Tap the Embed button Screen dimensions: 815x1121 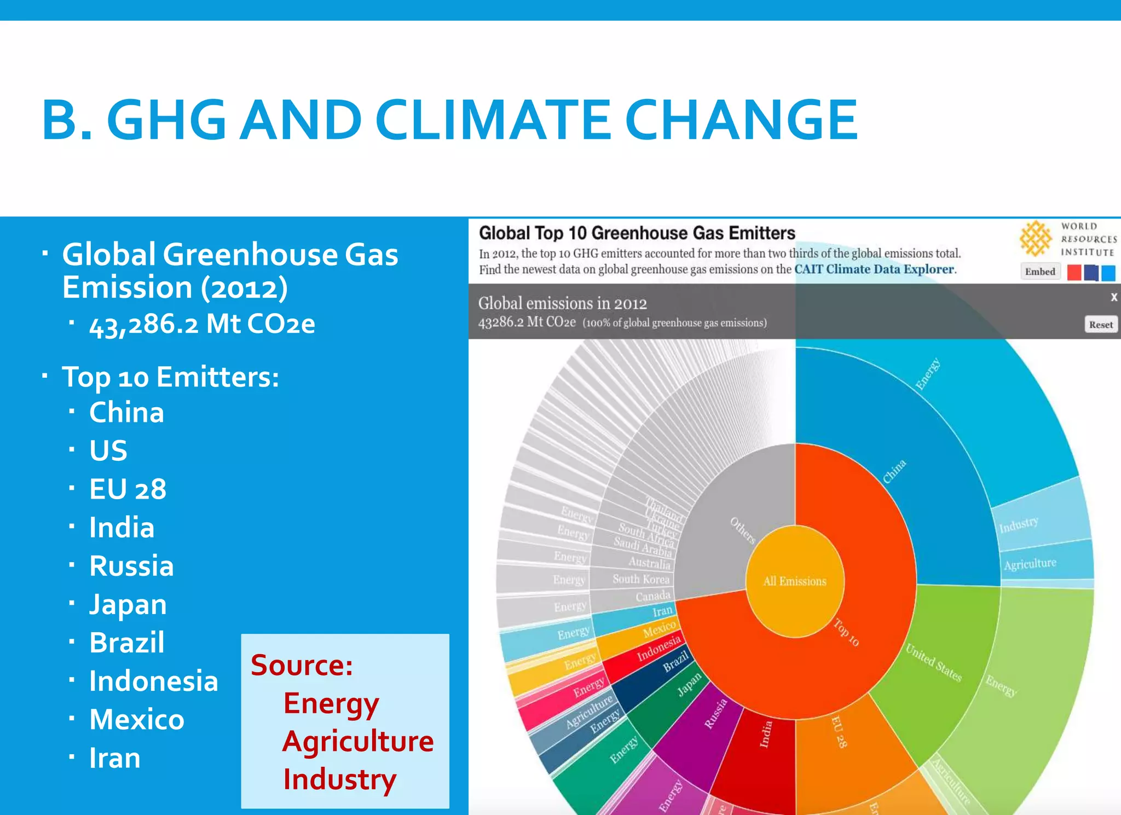click(x=1040, y=271)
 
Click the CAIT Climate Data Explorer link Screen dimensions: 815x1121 click(x=874, y=269)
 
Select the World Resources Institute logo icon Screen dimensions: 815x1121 click(x=1035, y=239)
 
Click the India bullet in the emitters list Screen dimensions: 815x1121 click(x=122, y=528)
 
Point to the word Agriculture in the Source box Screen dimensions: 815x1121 click(x=358, y=742)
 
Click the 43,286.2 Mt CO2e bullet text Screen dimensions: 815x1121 click(x=202, y=324)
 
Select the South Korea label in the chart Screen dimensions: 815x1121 click(x=641, y=579)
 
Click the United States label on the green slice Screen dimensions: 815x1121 click(x=933, y=663)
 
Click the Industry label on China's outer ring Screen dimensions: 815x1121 click(x=1019, y=525)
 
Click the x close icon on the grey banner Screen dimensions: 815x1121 click(x=1113, y=297)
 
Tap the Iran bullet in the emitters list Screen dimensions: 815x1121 click(x=115, y=758)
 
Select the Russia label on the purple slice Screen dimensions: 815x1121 click(x=715, y=713)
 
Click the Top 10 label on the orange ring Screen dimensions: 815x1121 click(x=846, y=632)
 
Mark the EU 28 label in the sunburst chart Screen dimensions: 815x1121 click(x=839, y=732)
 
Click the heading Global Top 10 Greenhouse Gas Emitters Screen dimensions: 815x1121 click(x=637, y=233)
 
